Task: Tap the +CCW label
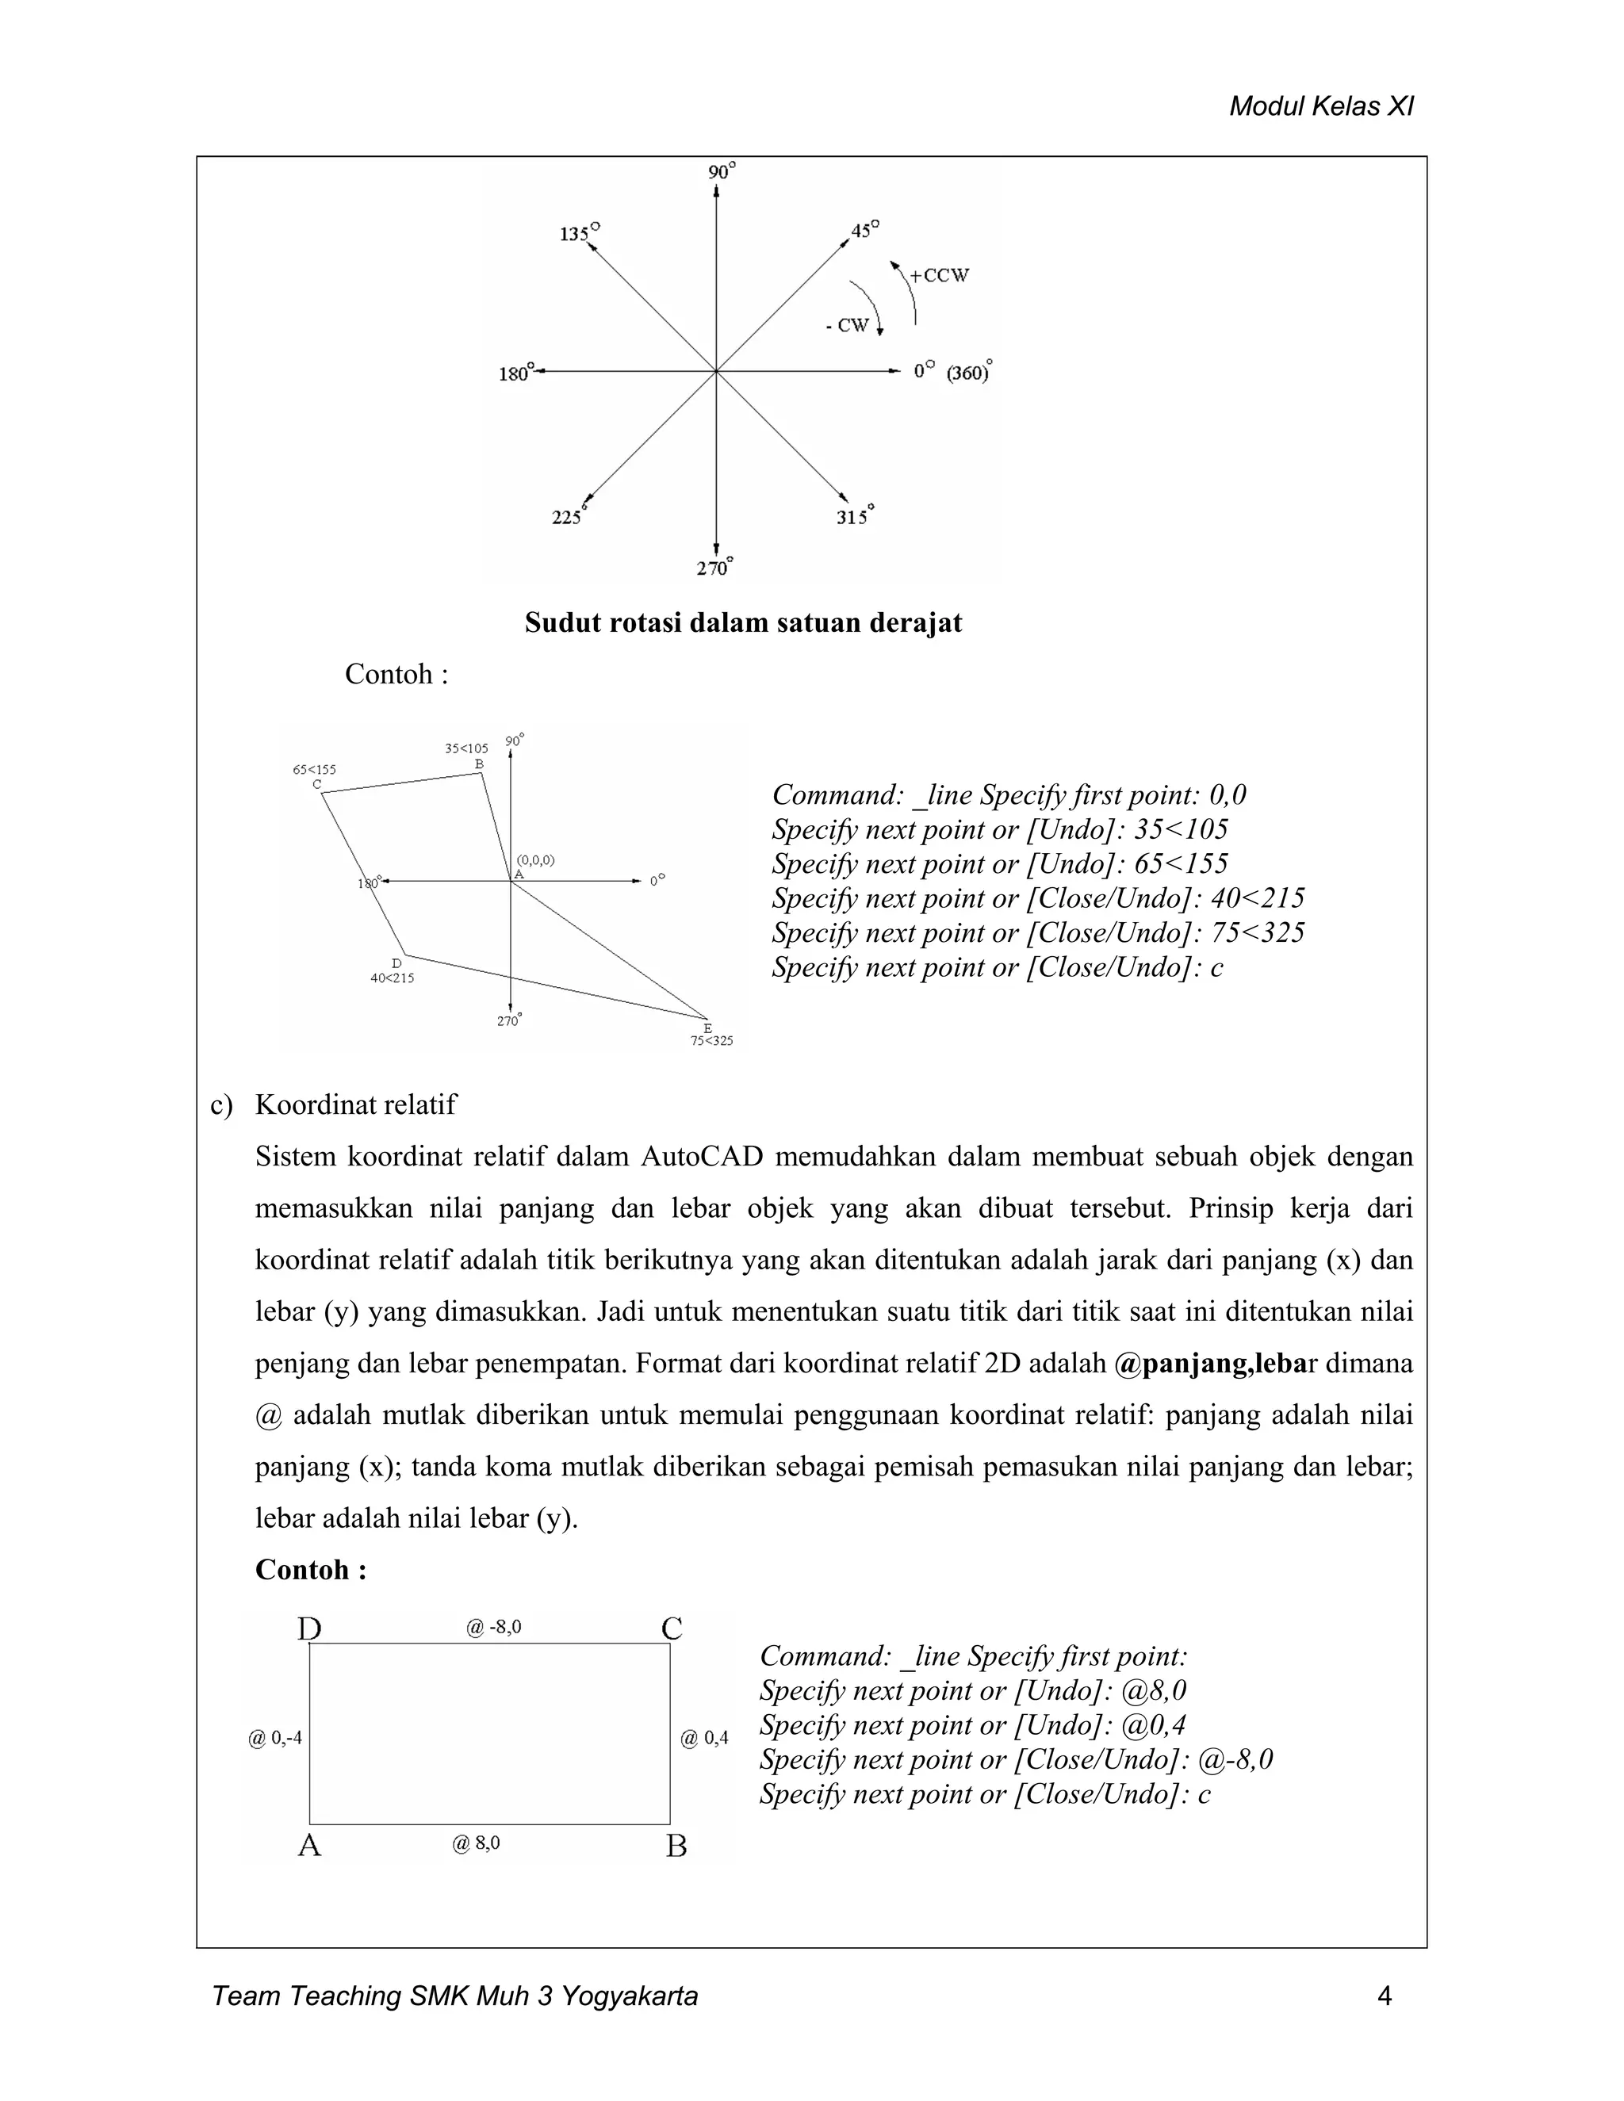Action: (x=939, y=275)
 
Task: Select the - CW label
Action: (x=848, y=326)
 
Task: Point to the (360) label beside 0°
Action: (x=969, y=373)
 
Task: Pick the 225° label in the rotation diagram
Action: (x=569, y=517)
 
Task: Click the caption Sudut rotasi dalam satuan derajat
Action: (x=743, y=622)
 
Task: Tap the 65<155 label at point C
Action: (x=315, y=770)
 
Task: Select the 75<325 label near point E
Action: (x=712, y=1040)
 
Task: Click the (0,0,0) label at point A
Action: (x=536, y=860)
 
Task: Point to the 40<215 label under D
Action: (x=393, y=978)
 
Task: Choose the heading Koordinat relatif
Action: (x=355, y=1104)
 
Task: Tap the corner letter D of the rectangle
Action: (x=308, y=1629)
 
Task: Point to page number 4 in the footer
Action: (x=1385, y=1996)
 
